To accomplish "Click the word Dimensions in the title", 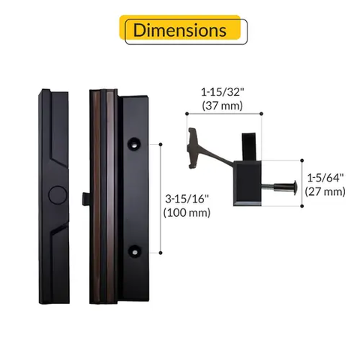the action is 180,30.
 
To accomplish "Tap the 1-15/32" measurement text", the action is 222,92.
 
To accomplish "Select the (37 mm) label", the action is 222,106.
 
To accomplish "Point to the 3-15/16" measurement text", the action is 187,199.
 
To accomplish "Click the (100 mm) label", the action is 187,213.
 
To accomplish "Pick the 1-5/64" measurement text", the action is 325,178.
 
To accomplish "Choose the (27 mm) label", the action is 325,192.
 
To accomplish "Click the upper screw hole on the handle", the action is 134,143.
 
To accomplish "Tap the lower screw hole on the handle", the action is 134,251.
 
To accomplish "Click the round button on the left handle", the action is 58,195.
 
